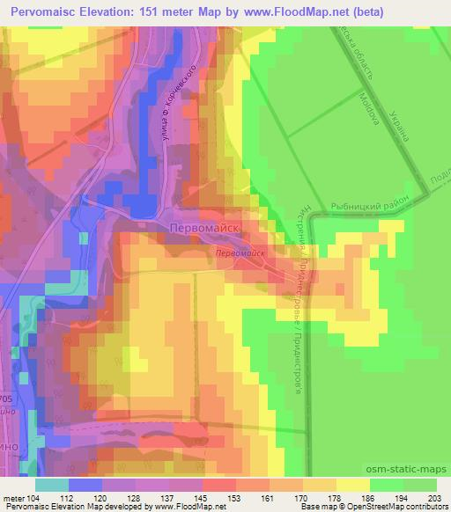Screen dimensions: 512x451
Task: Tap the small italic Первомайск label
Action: (240, 252)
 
